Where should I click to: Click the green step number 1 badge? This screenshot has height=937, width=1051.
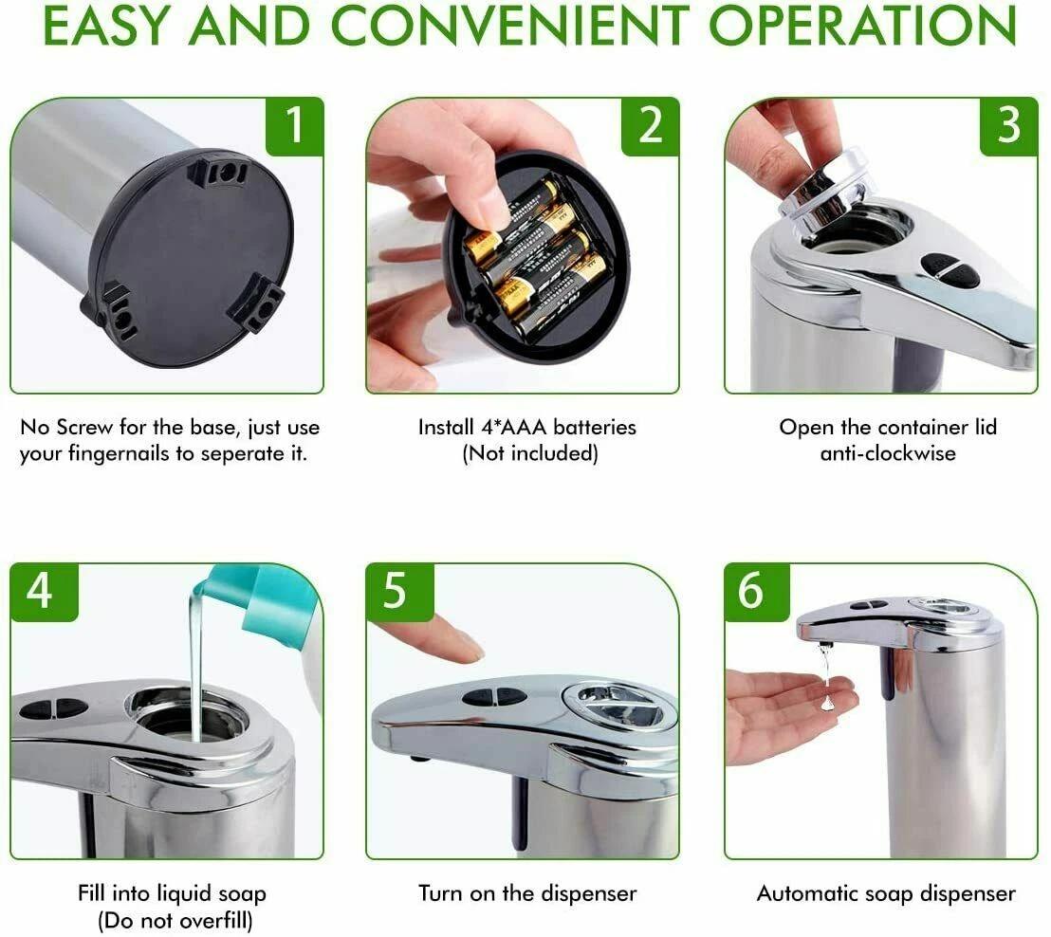pos(295,125)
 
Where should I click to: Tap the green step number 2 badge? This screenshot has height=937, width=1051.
pos(650,125)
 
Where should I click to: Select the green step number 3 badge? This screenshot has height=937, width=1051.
pos(1008,125)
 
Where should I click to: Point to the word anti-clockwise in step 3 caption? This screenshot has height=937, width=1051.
pos(888,453)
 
